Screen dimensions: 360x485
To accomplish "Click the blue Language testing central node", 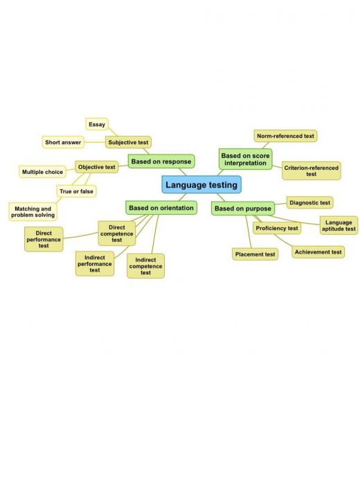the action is coord(201,185).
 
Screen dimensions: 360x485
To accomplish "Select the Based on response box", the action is coord(161,161).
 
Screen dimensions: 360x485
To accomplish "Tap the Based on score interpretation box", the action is coord(245,159).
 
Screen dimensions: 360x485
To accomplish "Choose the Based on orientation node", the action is coord(161,208).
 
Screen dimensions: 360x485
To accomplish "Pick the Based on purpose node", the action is coord(243,209).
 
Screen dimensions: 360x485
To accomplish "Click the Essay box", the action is coord(97,124).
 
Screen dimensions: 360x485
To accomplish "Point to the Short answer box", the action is coord(63,142).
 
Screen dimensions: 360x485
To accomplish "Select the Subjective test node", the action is coord(128,142).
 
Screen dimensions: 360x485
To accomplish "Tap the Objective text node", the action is coord(97,167).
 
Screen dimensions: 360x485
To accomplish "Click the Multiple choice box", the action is coord(43,172).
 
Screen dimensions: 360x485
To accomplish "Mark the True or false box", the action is coord(76,191).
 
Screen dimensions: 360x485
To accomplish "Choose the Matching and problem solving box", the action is coord(33,212).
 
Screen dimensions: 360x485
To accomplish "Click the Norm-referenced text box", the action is coord(285,136).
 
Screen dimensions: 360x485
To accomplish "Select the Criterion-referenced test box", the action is coord(312,170).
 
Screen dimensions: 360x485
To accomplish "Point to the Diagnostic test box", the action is coord(310,203).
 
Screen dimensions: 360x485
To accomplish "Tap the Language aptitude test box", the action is coord(339,225).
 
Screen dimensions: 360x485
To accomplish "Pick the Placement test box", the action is coord(255,254).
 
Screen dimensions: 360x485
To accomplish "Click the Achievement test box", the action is coord(318,252).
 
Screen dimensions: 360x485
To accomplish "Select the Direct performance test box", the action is coord(44,240).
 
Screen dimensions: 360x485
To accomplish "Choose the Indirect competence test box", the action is coord(146,266).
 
